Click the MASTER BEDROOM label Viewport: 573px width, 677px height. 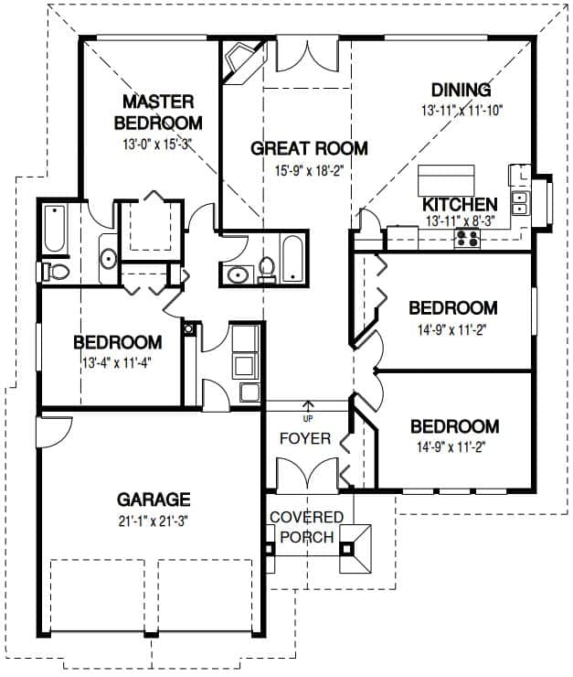click(x=158, y=113)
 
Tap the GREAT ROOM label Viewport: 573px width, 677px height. click(x=309, y=148)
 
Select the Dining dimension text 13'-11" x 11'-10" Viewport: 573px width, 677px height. click(x=462, y=111)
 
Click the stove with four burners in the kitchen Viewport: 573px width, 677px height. click(x=467, y=239)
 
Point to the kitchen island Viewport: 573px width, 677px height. click(x=446, y=180)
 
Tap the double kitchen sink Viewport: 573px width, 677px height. click(x=519, y=203)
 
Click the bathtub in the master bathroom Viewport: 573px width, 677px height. click(x=55, y=229)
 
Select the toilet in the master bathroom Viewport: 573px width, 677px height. click(x=55, y=272)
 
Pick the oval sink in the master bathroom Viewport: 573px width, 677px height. click(x=108, y=259)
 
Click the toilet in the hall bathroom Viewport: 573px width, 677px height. click(x=267, y=270)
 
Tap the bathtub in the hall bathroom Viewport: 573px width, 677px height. click(x=292, y=258)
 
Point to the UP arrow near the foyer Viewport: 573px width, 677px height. click(x=308, y=407)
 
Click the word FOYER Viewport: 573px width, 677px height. click(x=305, y=438)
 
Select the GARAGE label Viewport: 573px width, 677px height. click(x=154, y=500)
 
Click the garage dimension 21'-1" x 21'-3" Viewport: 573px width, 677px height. click(x=154, y=521)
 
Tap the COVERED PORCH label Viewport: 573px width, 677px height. click(x=307, y=527)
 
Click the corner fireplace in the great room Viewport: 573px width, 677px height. click(x=242, y=61)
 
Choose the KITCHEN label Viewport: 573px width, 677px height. click(x=460, y=204)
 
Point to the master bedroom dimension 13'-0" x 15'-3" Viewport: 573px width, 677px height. click(x=157, y=144)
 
